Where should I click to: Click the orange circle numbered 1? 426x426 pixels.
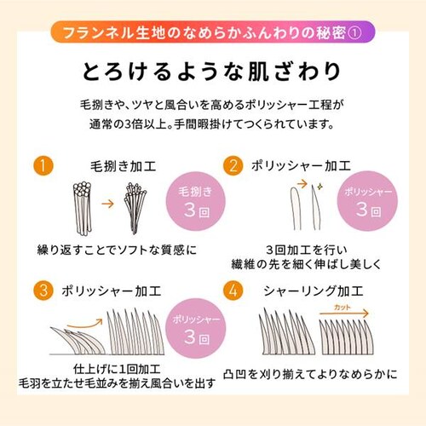coord(43,165)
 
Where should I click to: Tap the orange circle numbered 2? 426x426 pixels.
coord(233,165)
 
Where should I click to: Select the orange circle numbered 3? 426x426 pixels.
coord(43,291)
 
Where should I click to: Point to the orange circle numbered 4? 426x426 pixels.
coord(233,291)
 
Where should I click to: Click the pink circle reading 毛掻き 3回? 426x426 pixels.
coord(196,201)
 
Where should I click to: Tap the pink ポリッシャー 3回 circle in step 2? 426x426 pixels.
coord(367,201)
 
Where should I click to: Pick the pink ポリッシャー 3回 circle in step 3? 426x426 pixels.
coord(196,328)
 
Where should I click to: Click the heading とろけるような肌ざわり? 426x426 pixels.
coord(211,71)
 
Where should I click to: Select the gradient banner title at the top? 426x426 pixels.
coord(212,32)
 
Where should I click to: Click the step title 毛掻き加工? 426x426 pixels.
coord(124,166)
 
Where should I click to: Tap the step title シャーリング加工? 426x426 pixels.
coord(314,291)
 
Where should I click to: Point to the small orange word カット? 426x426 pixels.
coord(343,307)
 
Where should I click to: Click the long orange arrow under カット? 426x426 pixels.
coord(344,314)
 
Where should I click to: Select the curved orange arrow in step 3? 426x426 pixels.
coord(85,323)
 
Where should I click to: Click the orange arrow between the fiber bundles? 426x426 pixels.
coord(107,204)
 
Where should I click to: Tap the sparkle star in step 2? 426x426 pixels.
coord(319,187)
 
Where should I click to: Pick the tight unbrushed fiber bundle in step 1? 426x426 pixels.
coord(83,209)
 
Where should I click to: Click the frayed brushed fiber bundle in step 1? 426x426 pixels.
coord(135,209)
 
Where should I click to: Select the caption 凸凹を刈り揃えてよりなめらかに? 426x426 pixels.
coord(310,374)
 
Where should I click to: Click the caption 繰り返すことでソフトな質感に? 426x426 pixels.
coord(117,250)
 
